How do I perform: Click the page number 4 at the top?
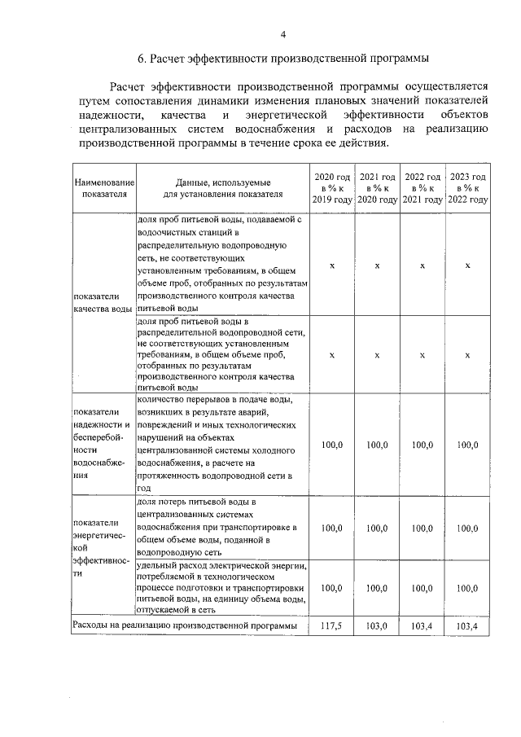(x=283, y=33)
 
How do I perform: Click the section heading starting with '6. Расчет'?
(x=282, y=59)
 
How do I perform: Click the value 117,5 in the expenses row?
(x=332, y=626)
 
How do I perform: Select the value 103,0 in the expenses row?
(x=377, y=626)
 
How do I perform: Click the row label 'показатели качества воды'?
(x=103, y=303)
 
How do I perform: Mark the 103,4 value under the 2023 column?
(x=467, y=626)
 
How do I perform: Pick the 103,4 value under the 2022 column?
(x=422, y=626)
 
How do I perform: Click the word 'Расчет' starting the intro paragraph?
(x=128, y=85)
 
